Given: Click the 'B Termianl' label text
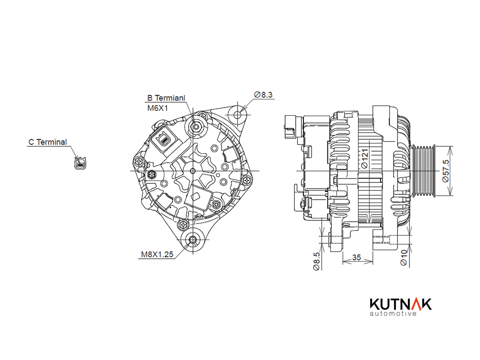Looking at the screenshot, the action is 166,98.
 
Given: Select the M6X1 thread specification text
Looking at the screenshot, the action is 157,108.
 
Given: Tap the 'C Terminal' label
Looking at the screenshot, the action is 48,142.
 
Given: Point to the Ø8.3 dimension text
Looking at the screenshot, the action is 263,95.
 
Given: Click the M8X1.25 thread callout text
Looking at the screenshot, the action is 157,254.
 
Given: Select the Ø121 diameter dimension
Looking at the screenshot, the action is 364,158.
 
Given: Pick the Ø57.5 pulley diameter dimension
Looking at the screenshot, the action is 446,171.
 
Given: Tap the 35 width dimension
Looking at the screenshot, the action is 357,257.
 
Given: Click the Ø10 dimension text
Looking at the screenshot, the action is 404,258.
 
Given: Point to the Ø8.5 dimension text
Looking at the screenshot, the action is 316,261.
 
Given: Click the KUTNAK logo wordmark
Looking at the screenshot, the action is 401,304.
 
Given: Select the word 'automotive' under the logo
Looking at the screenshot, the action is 393,313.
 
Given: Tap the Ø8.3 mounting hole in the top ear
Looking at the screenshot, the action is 238,115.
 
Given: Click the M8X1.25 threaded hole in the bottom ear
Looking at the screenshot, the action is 192,240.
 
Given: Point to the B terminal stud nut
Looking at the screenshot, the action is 196,126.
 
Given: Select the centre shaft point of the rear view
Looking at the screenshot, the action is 192,171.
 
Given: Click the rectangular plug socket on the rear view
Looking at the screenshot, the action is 163,140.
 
